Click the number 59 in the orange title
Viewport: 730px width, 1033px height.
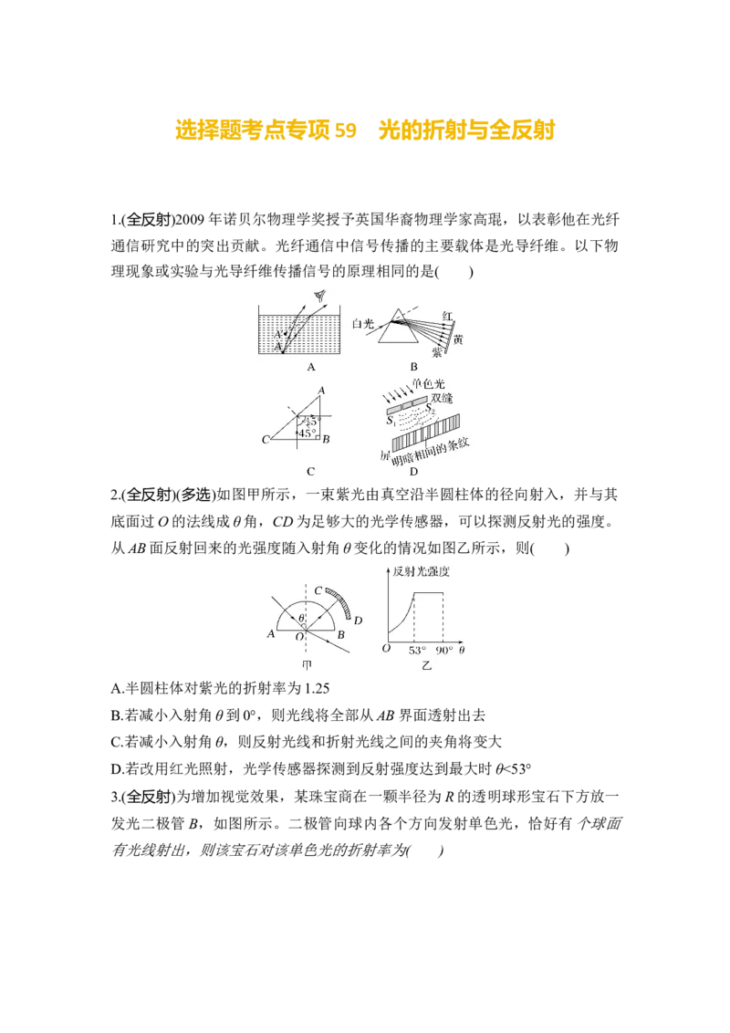point(345,130)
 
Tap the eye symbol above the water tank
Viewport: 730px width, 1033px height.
point(321,296)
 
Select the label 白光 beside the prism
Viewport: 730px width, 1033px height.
point(363,323)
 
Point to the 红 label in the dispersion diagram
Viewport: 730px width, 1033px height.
point(448,317)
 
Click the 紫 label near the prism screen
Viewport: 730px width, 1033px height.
point(437,352)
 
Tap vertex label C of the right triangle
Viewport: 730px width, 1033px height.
point(266,440)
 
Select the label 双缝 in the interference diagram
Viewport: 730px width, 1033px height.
point(442,398)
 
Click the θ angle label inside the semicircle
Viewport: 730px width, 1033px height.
point(301,618)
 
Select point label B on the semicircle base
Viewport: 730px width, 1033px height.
point(340,635)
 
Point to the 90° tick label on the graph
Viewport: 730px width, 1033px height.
point(444,651)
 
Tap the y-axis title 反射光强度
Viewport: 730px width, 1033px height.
point(421,571)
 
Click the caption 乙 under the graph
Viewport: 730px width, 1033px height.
point(427,665)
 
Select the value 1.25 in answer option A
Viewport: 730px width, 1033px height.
point(317,688)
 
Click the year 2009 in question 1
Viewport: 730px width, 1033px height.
point(191,219)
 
